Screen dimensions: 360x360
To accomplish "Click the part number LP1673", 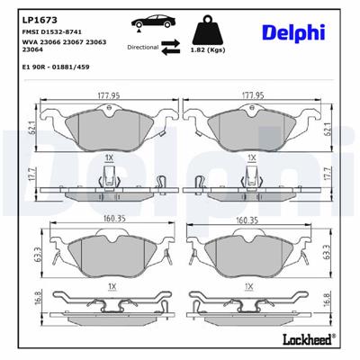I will tap(34, 15).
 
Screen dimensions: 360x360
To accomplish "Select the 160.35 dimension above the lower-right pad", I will tap(249, 216).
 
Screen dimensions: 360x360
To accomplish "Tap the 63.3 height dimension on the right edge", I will tap(326, 255).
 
